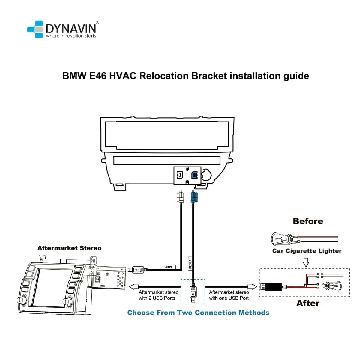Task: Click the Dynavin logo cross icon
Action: (35, 29)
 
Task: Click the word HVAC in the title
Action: (123, 76)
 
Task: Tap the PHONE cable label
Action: (169, 267)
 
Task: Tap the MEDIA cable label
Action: (190, 263)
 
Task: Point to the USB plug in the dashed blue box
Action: (193, 293)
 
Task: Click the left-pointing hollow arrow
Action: (133, 287)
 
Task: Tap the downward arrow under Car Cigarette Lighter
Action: (306, 263)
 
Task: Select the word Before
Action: (308, 221)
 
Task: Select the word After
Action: (308, 303)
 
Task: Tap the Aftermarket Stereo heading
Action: (69, 248)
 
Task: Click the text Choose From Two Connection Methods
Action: (198, 313)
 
